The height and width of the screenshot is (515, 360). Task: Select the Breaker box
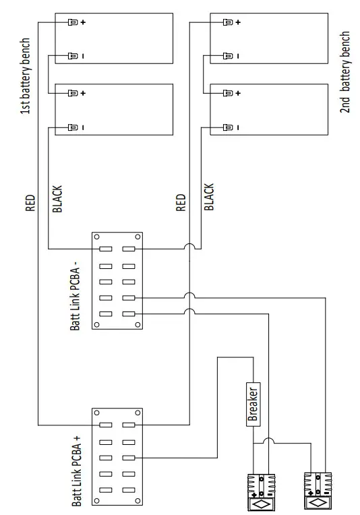click(253, 402)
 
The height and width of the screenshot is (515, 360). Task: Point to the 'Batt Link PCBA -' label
click(75, 296)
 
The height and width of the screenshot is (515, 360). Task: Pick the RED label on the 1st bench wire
click(30, 204)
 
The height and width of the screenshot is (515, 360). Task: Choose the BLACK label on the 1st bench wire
click(57, 200)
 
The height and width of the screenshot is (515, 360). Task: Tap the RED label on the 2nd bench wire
click(181, 203)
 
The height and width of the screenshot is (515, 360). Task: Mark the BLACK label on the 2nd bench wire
click(209, 198)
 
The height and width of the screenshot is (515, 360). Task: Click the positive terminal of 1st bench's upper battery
click(73, 22)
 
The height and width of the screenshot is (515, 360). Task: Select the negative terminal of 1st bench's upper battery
click(73, 56)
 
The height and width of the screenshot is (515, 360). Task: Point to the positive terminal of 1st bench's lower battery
click(73, 92)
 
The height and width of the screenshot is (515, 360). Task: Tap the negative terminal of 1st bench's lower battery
click(73, 126)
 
